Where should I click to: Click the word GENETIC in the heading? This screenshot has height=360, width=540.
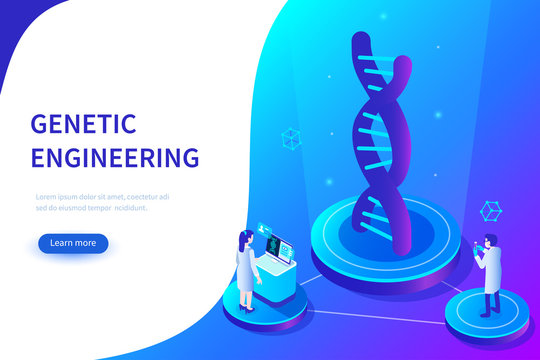point(82,124)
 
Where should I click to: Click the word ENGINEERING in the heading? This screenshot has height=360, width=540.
point(115,158)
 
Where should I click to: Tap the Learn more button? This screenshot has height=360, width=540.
point(73,242)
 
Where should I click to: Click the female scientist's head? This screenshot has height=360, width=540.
point(244,238)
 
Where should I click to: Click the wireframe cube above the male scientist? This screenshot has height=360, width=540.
point(490,211)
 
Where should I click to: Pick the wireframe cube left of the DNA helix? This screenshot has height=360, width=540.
point(291,137)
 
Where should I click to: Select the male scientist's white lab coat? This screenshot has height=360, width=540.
point(489,268)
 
